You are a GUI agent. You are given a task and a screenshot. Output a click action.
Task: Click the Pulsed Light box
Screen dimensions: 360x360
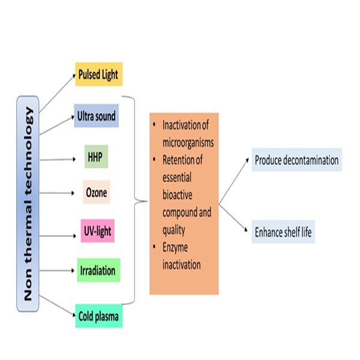[x=99, y=74]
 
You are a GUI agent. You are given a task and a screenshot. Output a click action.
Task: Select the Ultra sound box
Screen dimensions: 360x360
[x=97, y=115]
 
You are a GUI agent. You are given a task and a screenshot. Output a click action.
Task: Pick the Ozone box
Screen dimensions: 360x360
[x=96, y=193]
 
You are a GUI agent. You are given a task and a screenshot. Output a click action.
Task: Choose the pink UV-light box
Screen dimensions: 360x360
[x=97, y=231]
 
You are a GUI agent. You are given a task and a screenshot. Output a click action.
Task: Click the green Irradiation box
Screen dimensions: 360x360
[x=98, y=270]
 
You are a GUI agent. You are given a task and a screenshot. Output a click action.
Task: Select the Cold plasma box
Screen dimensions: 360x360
[x=99, y=315]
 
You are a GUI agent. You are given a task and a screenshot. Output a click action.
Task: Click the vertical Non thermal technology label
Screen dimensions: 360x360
[x=28, y=204]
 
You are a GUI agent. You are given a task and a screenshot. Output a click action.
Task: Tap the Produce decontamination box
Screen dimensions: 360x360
[x=296, y=160]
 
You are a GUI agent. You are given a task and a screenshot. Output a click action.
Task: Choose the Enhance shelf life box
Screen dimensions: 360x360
[x=284, y=232]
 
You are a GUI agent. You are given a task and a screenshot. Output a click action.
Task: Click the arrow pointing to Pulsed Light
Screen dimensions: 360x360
[x=57, y=93]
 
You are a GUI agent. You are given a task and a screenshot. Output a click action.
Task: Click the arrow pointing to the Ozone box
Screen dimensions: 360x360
[x=58, y=194]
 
